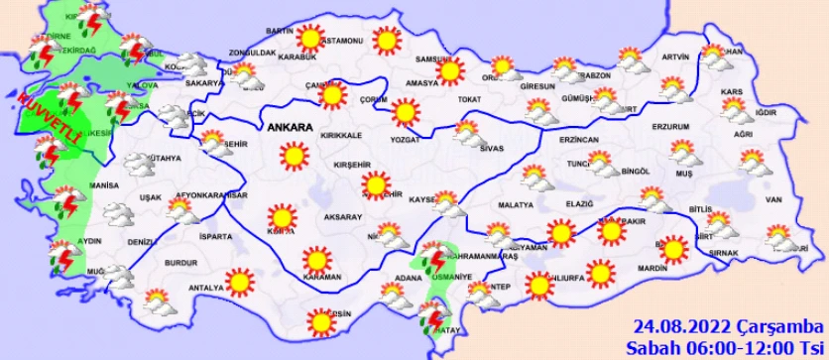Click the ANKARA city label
point(289,128)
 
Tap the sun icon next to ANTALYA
point(238,283)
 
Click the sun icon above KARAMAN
point(316,260)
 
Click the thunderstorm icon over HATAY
point(432,318)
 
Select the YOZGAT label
point(406,140)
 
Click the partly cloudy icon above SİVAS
point(466,130)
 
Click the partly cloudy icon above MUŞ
point(683,153)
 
